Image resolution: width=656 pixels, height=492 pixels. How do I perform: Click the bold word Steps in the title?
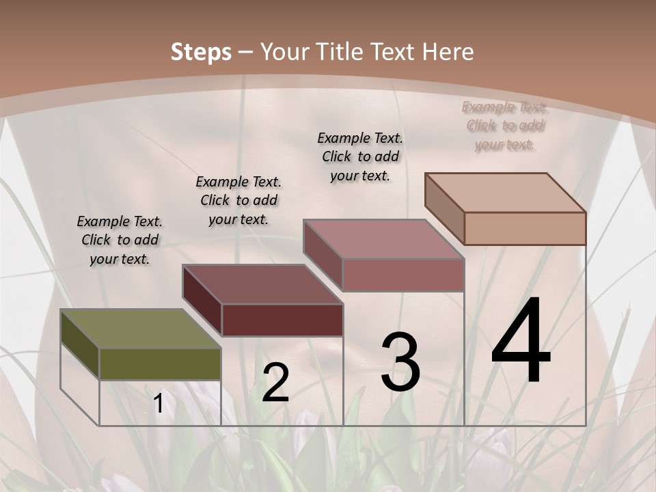(x=201, y=52)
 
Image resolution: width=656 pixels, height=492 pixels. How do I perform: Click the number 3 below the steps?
(x=400, y=362)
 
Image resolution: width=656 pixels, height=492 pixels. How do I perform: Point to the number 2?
(x=275, y=383)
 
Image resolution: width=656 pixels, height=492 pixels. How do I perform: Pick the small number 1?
(x=159, y=404)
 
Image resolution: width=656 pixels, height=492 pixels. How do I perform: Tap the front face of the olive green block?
(x=160, y=364)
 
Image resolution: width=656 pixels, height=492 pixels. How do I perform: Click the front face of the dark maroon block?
(x=282, y=320)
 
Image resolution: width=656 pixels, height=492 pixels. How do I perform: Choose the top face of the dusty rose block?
(x=383, y=239)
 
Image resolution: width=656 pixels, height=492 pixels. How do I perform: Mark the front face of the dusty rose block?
(x=403, y=275)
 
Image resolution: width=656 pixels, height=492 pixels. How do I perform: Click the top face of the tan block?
(x=505, y=193)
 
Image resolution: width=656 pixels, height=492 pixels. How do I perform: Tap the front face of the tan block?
(x=525, y=228)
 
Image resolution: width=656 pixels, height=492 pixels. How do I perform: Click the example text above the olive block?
(x=120, y=240)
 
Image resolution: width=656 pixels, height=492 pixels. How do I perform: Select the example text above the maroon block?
(x=238, y=200)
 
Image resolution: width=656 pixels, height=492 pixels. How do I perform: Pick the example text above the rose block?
(x=360, y=156)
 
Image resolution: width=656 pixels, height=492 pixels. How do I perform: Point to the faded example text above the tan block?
(x=505, y=126)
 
